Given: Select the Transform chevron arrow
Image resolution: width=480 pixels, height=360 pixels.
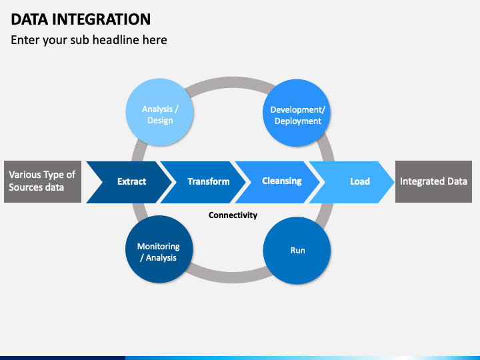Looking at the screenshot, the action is point(204,182).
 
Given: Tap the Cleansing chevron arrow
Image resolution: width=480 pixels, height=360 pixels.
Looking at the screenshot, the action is point(278,182).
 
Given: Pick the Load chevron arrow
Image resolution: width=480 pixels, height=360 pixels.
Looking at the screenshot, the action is point(352,182).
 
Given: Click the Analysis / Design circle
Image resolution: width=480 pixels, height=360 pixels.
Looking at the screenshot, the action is point(159,113).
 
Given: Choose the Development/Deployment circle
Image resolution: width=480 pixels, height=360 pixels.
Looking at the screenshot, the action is point(297,113).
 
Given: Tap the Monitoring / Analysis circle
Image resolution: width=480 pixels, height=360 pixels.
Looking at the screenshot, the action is point(159,249).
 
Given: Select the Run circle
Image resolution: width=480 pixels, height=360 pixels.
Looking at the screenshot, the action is point(297,251).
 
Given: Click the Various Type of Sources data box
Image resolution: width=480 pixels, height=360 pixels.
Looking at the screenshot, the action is point(43,181).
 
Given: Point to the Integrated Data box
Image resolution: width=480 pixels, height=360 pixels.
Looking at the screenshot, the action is point(433,181).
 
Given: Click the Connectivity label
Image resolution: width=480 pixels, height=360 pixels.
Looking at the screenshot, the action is point(233,215).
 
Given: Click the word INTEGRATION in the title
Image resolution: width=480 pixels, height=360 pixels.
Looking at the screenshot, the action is point(101,19).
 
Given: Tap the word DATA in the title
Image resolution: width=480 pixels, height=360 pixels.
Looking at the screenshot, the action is point(29,19).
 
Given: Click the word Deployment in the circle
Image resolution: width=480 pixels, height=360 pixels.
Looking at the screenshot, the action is point(298,121).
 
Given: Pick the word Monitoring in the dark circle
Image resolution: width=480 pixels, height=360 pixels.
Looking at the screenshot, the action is point(158,247).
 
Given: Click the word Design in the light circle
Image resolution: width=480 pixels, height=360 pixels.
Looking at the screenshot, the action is point(160,121).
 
